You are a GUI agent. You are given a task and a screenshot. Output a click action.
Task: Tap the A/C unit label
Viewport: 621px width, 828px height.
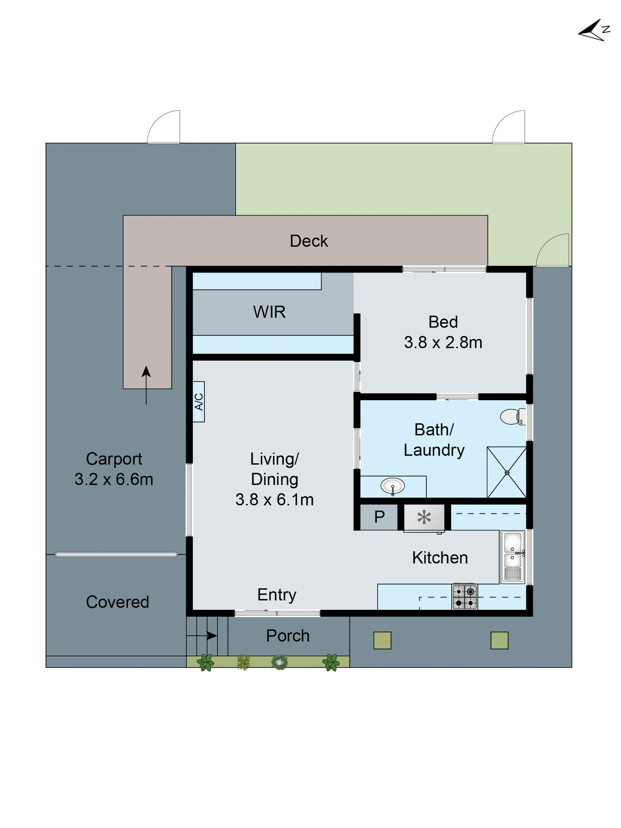(199, 402)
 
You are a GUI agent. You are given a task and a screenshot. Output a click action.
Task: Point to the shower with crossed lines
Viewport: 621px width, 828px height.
(507, 472)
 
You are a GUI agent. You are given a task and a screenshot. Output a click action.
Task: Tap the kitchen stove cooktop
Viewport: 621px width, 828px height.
(465, 597)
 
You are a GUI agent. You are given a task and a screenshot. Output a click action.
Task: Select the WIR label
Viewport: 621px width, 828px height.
(269, 312)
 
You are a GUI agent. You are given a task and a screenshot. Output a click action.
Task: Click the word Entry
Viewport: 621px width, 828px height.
(277, 594)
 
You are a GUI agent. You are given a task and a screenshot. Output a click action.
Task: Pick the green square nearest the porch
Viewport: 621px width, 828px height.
(382, 640)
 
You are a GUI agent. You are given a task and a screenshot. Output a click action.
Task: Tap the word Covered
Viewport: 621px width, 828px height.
(118, 602)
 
